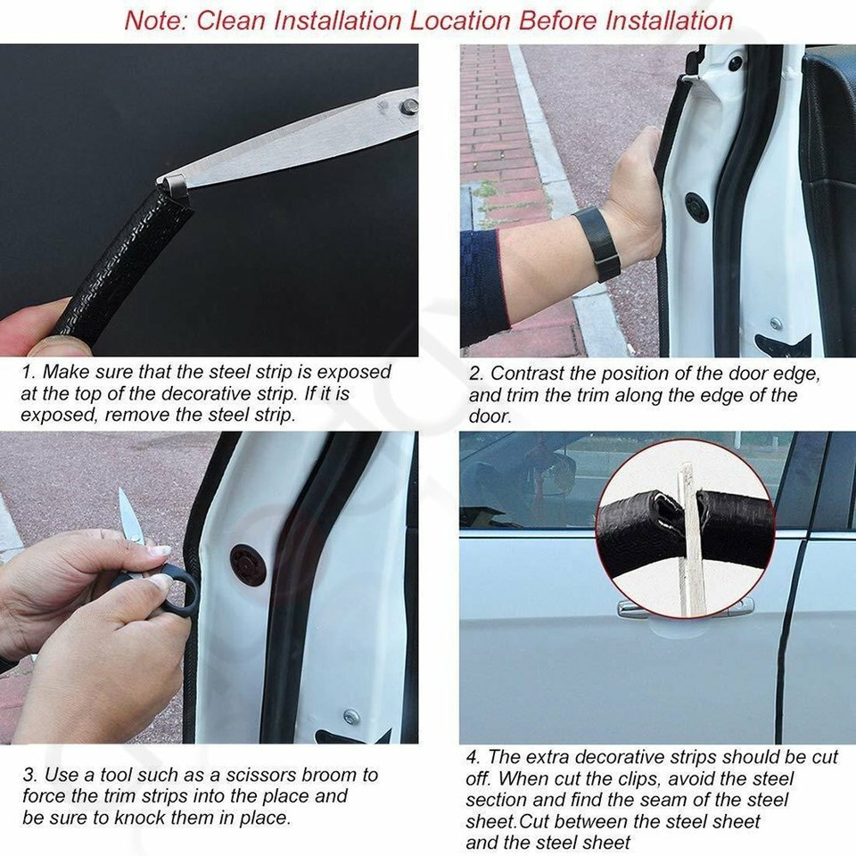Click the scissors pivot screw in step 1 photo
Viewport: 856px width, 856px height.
(x=409, y=107)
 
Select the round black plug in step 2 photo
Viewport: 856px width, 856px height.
(x=696, y=208)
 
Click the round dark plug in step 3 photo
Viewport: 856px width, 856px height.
(x=247, y=564)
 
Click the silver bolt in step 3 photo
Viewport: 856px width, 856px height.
(x=351, y=716)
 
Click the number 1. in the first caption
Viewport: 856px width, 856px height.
(x=29, y=372)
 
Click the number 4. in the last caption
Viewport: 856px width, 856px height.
(x=473, y=758)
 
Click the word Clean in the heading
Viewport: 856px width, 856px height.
(x=234, y=20)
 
